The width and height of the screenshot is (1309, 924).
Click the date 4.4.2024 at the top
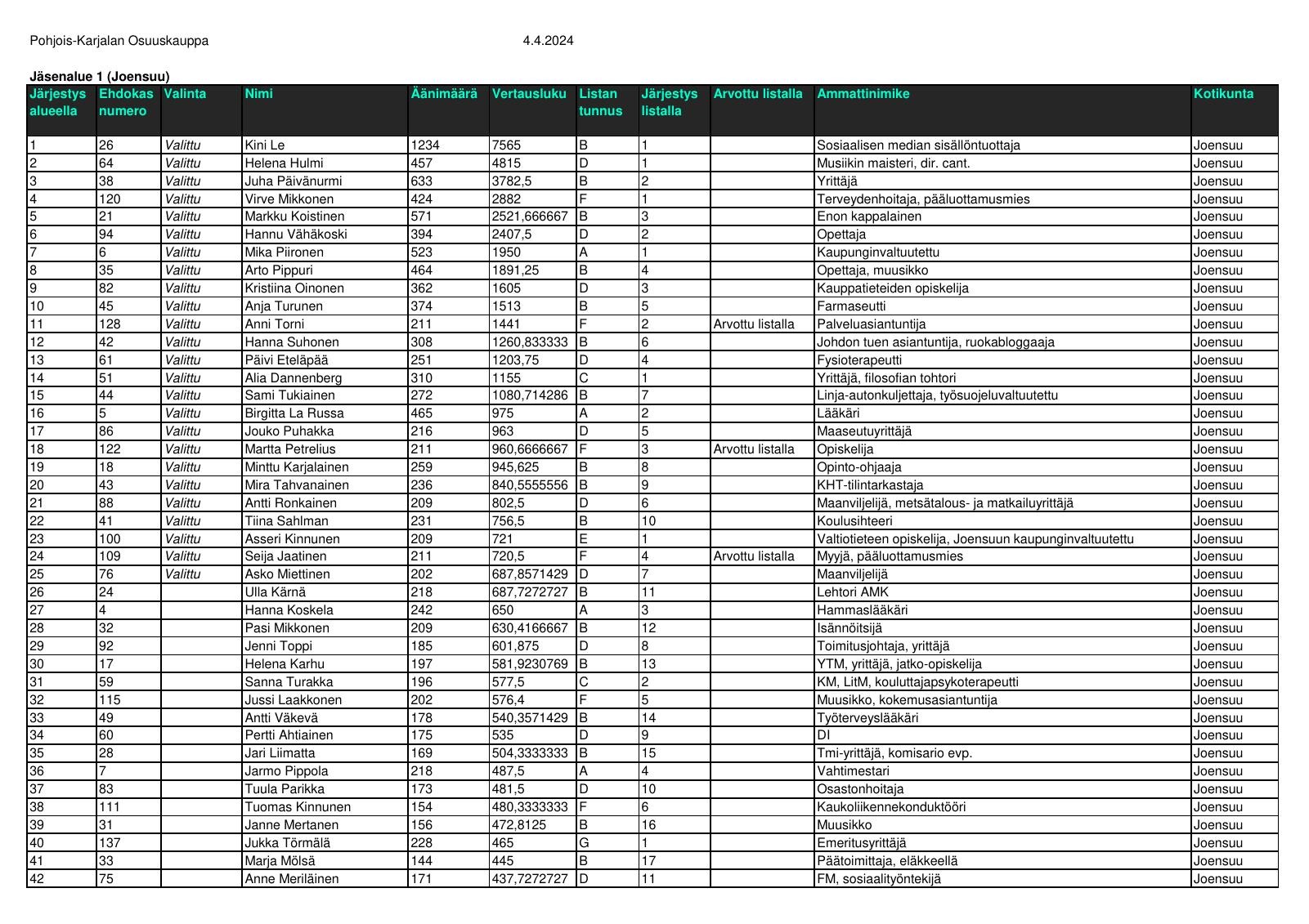[548, 41]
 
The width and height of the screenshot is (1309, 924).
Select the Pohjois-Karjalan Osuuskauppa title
[119, 41]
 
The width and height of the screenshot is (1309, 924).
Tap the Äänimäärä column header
[444, 94]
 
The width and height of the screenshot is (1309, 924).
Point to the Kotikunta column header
[1223, 94]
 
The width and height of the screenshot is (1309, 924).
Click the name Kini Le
[265, 145]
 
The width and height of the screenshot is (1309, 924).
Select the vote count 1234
[425, 145]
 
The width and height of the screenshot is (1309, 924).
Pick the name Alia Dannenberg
[294, 378]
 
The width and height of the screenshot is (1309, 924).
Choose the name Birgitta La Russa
[294, 413]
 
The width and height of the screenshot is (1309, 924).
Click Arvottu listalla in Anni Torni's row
[754, 324]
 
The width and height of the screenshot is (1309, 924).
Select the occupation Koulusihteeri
[854, 521]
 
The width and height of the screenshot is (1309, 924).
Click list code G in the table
[584, 843]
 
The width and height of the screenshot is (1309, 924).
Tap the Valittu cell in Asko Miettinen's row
[182, 574]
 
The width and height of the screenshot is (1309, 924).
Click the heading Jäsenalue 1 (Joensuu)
[100, 77]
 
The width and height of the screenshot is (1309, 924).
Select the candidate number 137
[110, 843]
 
